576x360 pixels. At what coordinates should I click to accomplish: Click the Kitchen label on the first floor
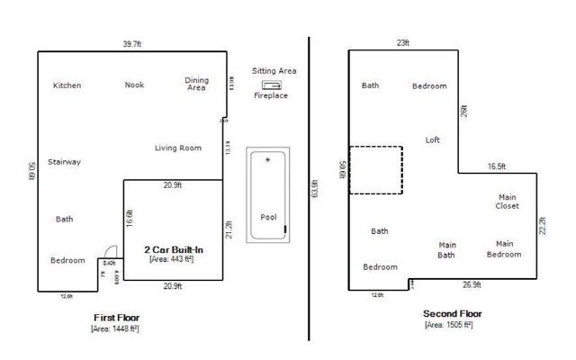click(67, 85)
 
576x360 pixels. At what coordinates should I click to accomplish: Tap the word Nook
click(134, 85)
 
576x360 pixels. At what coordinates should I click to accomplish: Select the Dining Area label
click(196, 84)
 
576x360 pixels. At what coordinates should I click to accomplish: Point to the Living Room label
click(177, 148)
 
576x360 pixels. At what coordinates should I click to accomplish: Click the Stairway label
click(65, 162)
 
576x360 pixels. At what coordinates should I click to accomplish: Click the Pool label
click(268, 217)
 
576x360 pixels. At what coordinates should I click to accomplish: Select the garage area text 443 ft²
click(172, 259)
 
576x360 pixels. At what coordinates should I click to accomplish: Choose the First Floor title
click(116, 318)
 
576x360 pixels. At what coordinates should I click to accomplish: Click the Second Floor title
click(452, 313)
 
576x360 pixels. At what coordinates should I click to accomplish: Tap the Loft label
click(433, 139)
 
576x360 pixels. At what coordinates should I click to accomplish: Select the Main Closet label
click(508, 201)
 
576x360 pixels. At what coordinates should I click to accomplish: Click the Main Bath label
click(446, 249)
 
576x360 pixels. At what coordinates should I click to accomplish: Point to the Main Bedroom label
click(504, 248)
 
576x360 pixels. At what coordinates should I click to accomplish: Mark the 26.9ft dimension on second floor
click(471, 285)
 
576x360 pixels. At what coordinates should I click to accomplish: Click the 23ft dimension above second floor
click(402, 42)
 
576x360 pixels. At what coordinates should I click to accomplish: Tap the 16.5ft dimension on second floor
click(497, 166)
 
